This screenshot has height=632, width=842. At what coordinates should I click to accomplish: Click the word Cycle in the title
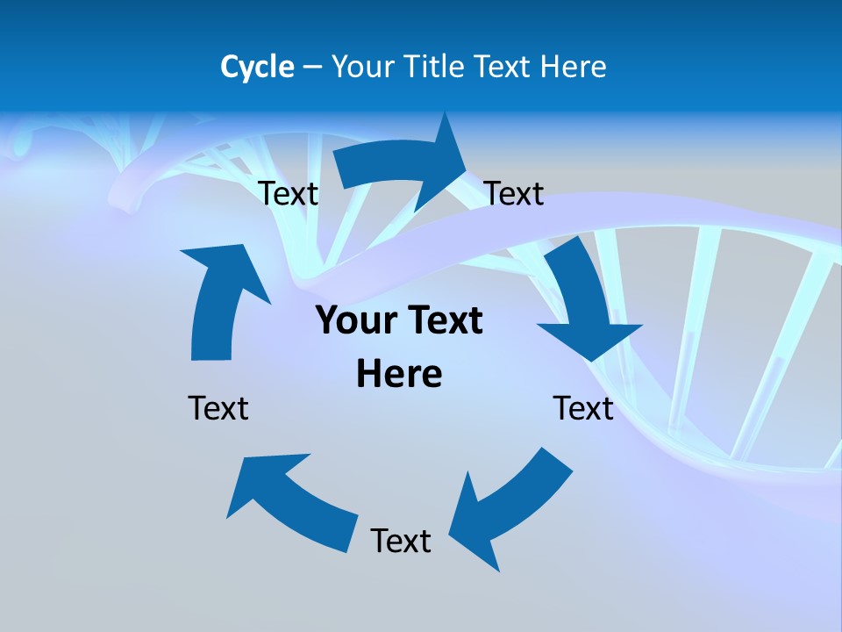pos(257,67)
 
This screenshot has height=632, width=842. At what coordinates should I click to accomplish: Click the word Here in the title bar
pos(573,67)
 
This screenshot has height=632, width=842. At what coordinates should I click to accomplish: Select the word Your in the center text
pos(354,321)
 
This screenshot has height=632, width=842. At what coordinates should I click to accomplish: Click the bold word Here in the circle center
pos(399,374)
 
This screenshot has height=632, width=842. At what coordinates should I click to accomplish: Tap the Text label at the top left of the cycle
pos(288,193)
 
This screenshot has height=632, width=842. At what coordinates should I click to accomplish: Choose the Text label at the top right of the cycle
pos(514,193)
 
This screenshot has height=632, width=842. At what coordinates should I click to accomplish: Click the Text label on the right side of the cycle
pos(583,408)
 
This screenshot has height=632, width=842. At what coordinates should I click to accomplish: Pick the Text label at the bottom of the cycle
pos(401,541)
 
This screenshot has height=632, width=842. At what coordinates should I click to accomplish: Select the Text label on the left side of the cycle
pos(218,408)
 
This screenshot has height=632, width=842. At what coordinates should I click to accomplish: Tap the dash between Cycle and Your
pos(312,68)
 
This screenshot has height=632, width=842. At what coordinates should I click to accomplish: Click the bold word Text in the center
pos(443,321)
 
